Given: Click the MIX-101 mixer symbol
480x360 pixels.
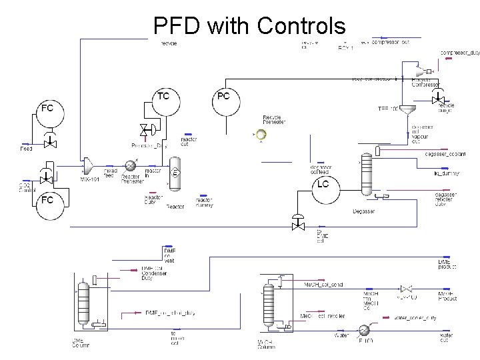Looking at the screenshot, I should tap(87, 164).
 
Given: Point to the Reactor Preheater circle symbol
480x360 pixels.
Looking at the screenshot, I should tap(131, 164).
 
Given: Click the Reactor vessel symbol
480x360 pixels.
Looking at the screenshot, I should tap(175, 173).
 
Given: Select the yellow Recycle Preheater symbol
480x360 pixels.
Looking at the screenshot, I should tap(261, 135).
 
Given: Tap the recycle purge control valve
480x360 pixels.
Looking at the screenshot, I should tap(438, 99).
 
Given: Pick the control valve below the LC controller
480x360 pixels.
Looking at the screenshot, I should tap(298, 224).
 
